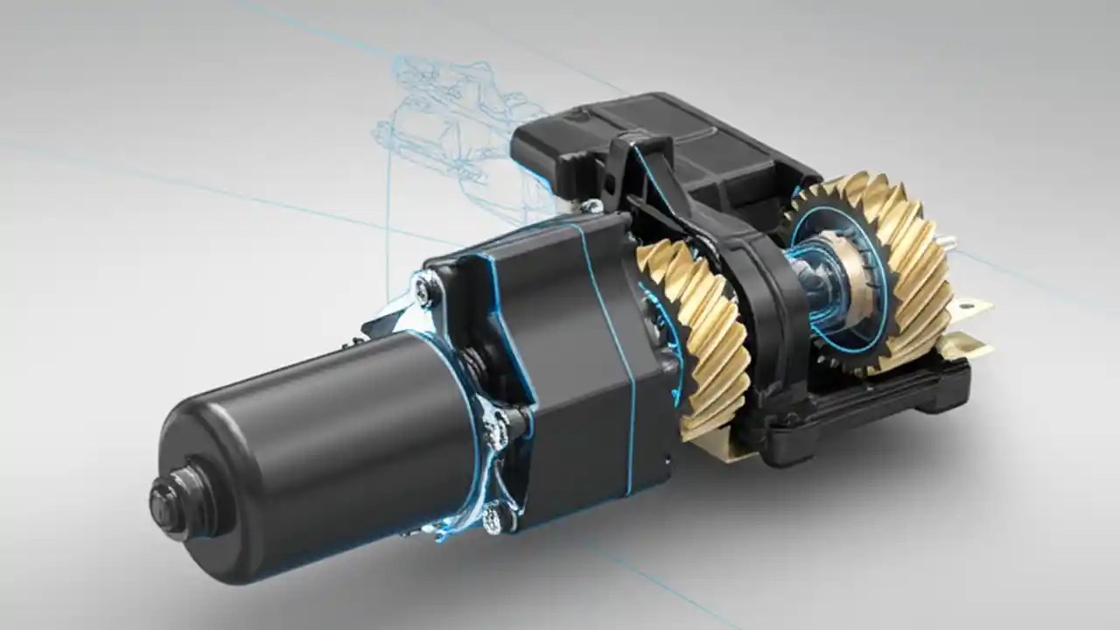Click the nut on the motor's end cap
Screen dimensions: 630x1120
165,498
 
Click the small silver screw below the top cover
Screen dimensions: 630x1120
594,206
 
